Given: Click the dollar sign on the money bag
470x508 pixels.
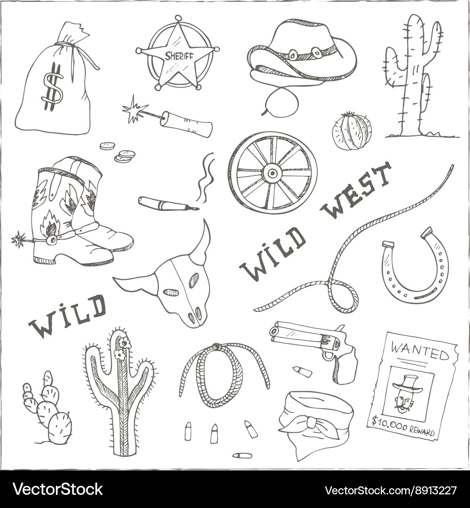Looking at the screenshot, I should coord(52,87).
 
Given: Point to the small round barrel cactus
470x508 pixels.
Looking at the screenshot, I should coord(352,131).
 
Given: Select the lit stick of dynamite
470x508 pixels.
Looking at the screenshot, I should coord(186,123).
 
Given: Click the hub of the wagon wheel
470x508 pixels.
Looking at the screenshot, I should coord(272,173).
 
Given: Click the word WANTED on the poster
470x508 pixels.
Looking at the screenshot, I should coord(420,351).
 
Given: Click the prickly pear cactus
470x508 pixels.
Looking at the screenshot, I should coord(49,412).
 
